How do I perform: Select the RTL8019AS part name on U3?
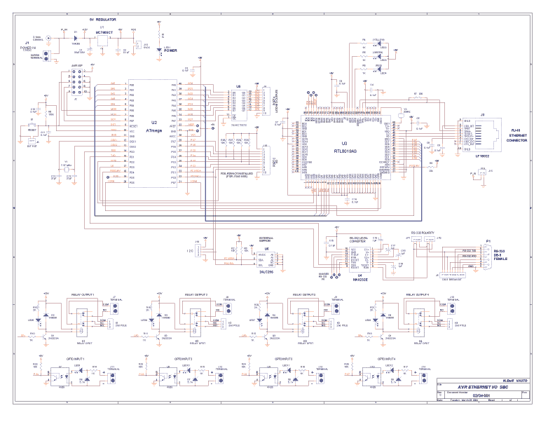pos(345,151)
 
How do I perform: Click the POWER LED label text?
pos(171,50)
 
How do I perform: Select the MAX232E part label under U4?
pos(361,279)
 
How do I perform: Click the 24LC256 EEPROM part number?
pos(266,271)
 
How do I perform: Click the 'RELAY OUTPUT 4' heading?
pos(418,296)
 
